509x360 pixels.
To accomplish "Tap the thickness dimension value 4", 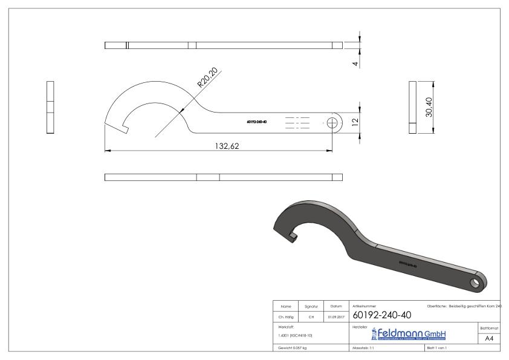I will point(355,63).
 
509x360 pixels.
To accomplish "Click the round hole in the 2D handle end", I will point(332,122).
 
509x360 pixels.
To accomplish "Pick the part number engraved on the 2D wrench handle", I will point(257,122).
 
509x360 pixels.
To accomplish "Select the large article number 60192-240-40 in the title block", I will point(381,315).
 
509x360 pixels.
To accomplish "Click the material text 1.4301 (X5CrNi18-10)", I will point(296,335).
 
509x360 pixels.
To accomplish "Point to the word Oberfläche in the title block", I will point(437,307).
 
